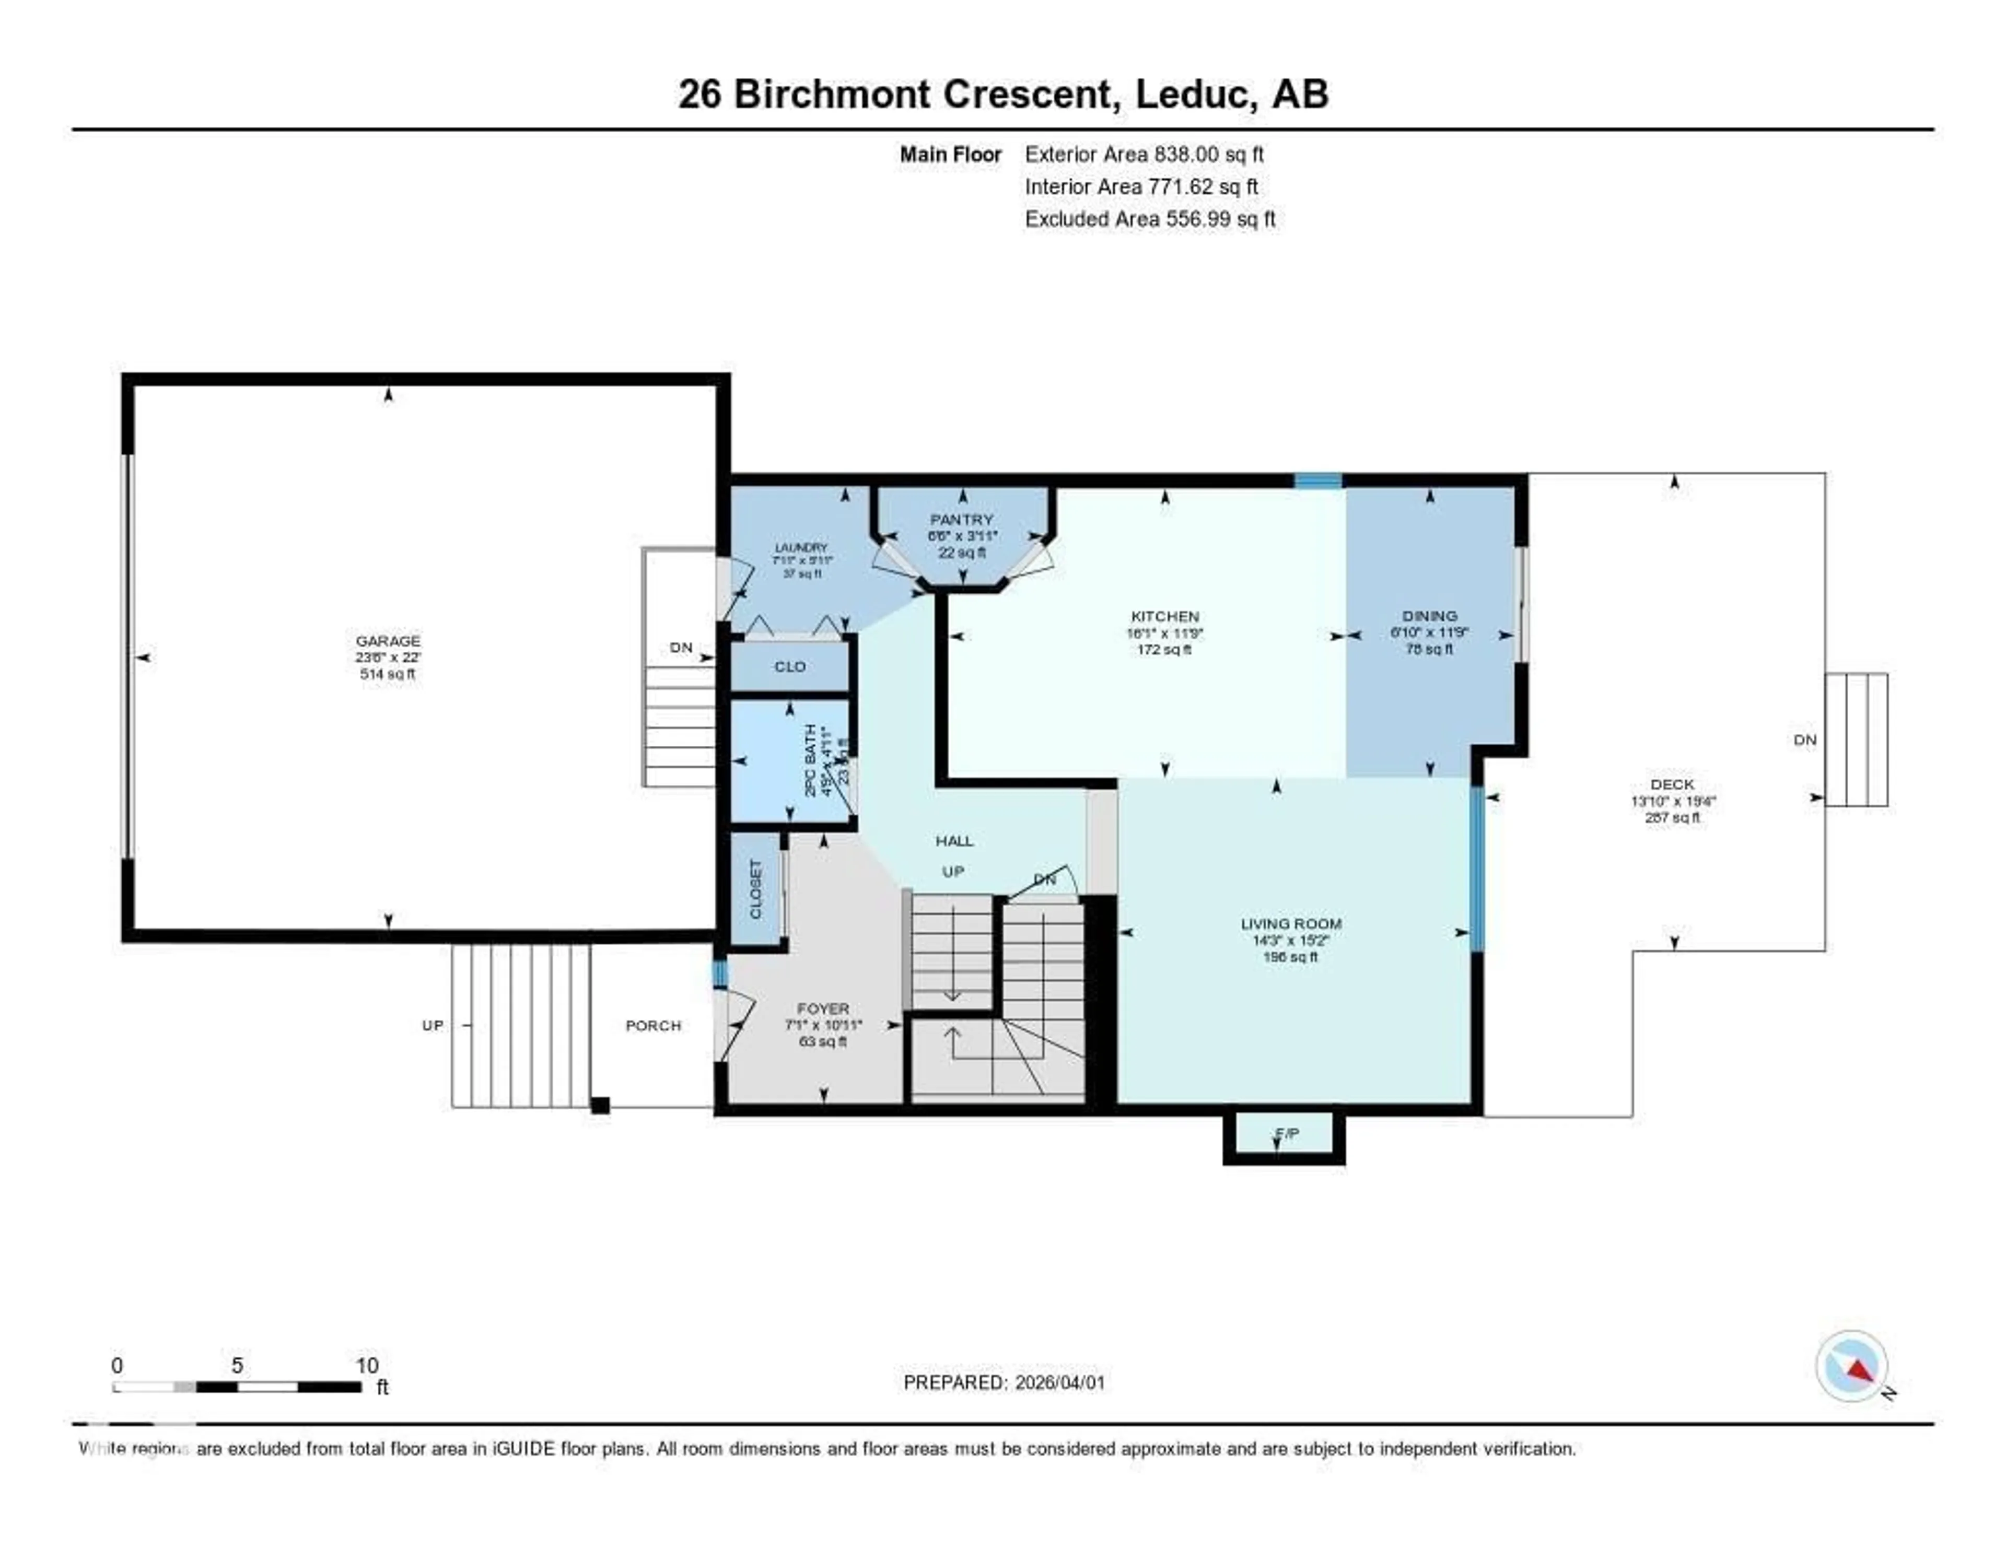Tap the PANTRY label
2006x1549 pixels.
(x=962, y=520)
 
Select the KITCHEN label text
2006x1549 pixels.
(x=1164, y=616)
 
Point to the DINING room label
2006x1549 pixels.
(x=1429, y=616)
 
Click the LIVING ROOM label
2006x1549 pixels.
(x=1290, y=924)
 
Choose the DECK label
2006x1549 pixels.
(x=1672, y=784)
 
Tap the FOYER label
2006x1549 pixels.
(x=823, y=1008)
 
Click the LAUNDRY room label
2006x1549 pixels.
(x=801, y=547)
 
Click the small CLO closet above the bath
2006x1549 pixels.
(x=790, y=666)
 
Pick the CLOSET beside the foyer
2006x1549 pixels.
(x=756, y=889)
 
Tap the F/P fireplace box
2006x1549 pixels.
(x=1286, y=1134)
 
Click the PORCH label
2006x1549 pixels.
(x=653, y=1026)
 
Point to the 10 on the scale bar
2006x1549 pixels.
(x=367, y=1365)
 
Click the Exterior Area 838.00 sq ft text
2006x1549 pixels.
(x=1144, y=154)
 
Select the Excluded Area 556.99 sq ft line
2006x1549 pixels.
(x=1150, y=218)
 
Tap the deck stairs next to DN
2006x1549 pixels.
(x=1856, y=739)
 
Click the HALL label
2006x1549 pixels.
(x=954, y=840)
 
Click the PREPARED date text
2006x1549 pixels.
(x=1004, y=1382)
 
